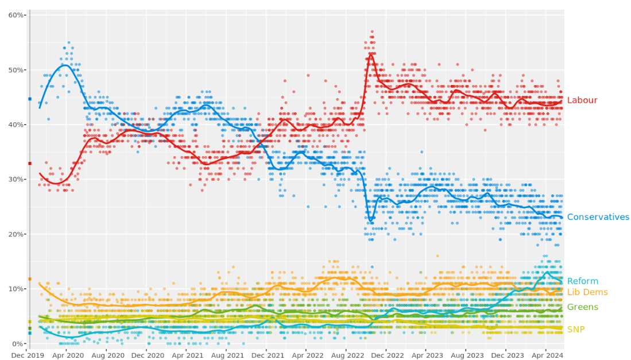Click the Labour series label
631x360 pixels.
(x=582, y=100)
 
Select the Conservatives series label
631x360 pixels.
(x=598, y=217)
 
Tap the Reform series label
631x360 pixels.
(x=582, y=281)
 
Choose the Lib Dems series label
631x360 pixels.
(x=587, y=292)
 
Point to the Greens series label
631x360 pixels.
(x=582, y=307)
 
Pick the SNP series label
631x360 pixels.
(x=576, y=330)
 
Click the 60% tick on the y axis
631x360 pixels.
(x=16, y=15)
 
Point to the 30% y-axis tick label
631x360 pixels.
(x=16, y=179)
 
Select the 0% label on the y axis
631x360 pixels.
(x=18, y=343)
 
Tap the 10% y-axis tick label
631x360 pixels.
(x=16, y=289)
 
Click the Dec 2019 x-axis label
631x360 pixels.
(x=27, y=355)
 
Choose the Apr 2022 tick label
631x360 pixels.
(x=306, y=355)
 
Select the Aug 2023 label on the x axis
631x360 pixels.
(x=466, y=355)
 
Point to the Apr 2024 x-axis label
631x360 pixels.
(x=545, y=355)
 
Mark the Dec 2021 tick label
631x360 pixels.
(x=266, y=355)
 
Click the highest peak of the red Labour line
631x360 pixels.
(x=371, y=55)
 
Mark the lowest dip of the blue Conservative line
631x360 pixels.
(x=371, y=220)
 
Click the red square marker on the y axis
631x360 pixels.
(x=30, y=163)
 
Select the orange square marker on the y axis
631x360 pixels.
(x=30, y=279)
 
